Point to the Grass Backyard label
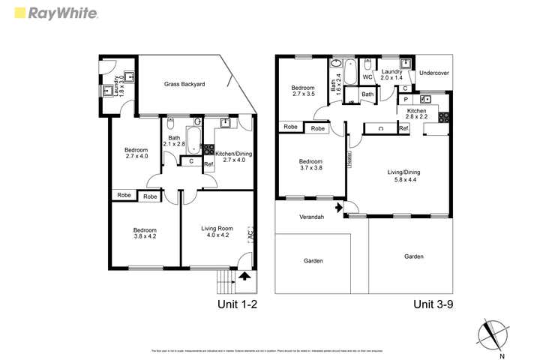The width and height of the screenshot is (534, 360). click(x=184, y=84)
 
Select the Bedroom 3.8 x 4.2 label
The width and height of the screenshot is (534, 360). click(x=145, y=233)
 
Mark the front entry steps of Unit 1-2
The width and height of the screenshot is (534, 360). click(x=225, y=283)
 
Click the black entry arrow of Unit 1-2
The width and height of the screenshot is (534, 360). click(x=244, y=276)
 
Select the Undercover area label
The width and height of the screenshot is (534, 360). click(x=434, y=73)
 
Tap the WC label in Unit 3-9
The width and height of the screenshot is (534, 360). click(x=367, y=77)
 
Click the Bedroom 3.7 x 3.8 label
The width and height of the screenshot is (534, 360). click(x=310, y=165)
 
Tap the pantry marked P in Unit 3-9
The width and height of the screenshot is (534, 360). click(x=406, y=99)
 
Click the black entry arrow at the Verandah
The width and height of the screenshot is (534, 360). click(x=338, y=207)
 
